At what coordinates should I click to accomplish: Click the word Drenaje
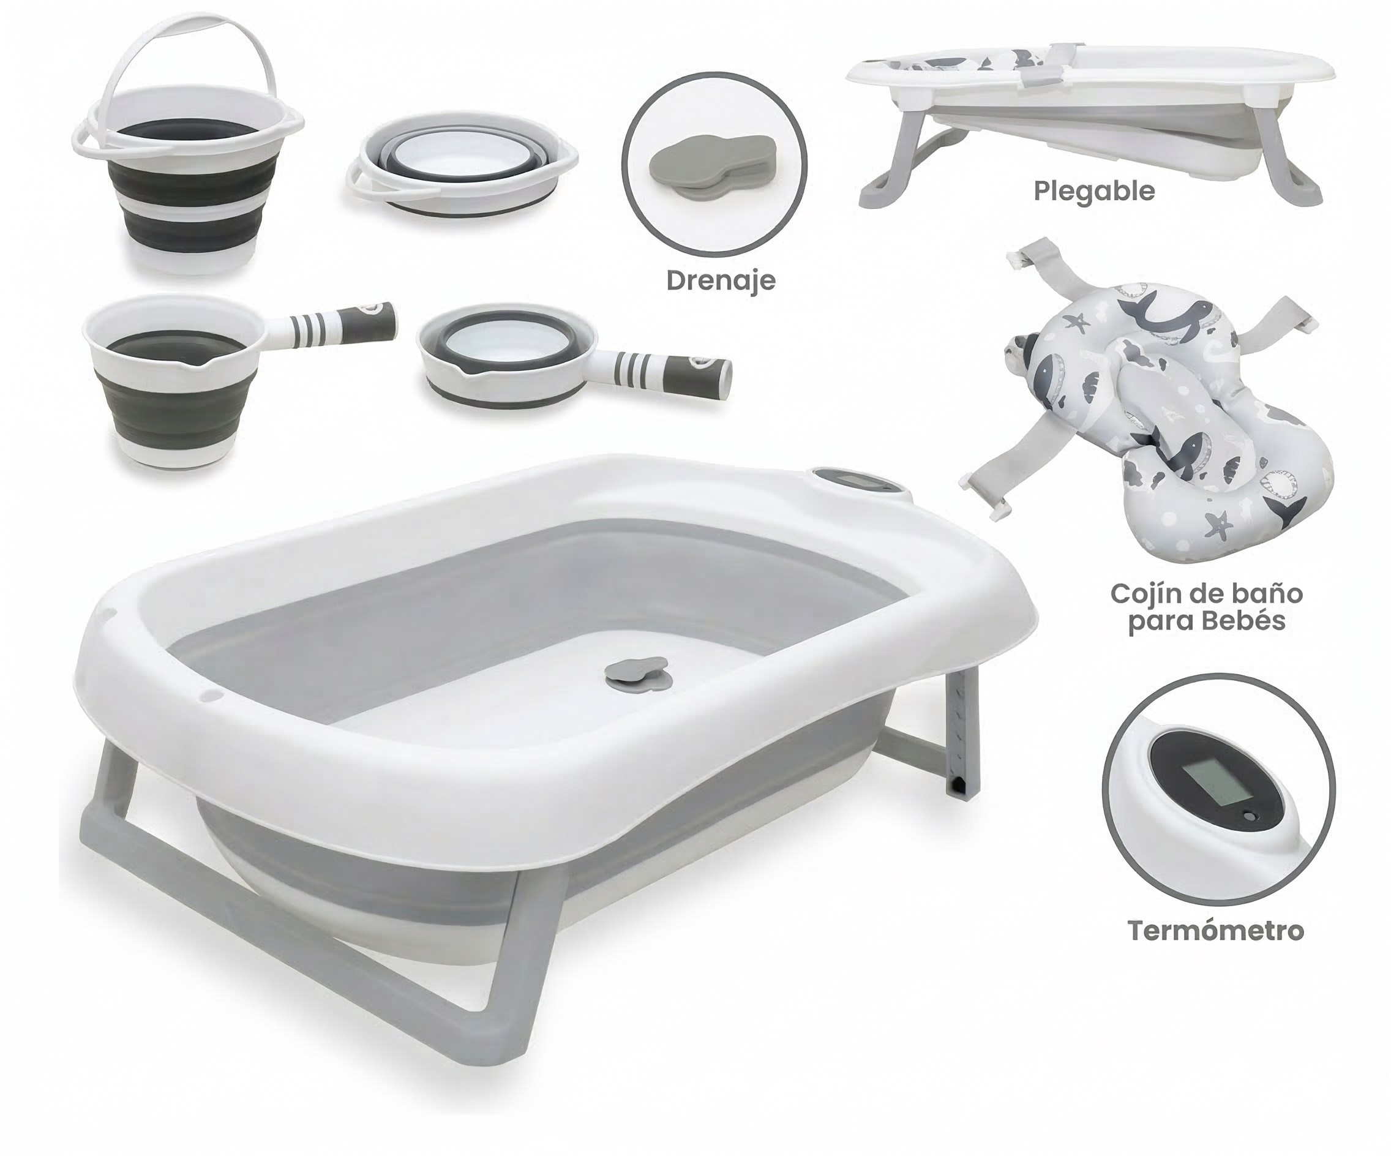[721, 281]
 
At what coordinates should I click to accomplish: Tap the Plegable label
[1094, 192]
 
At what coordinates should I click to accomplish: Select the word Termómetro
[1216, 931]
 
